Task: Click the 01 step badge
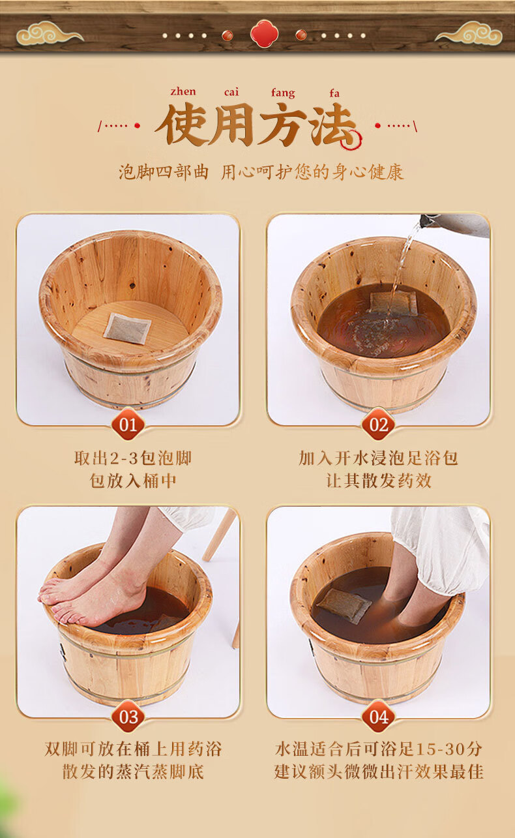[128, 425]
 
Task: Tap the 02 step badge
[379, 425]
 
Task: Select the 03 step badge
[128, 717]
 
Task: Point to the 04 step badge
[379, 717]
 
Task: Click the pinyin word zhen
[183, 92]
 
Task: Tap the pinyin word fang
[283, 93]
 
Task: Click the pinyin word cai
[231, 92]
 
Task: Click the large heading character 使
[183, 125]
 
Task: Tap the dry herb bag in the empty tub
[128, 329]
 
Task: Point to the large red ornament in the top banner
[265, 34]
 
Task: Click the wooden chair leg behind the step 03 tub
[220, 534]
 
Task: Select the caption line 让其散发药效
[379, 481]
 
